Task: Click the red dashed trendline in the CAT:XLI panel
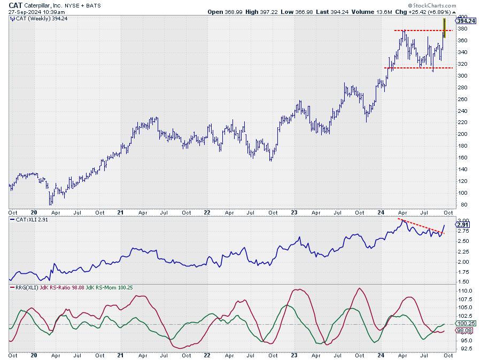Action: pos(420,226)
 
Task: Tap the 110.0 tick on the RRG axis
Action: pos(464,290)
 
